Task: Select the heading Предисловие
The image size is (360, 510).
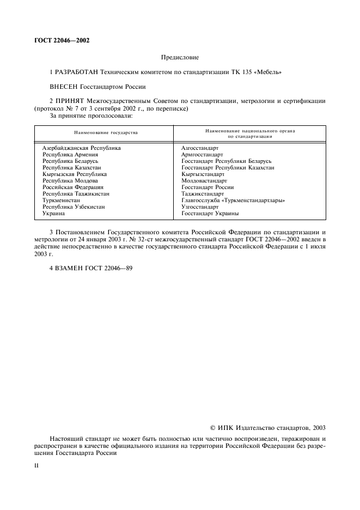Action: click(180, 57)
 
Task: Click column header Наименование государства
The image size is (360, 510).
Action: click(106, 132)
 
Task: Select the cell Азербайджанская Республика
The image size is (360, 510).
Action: click(81, 148)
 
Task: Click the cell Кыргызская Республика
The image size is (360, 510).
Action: click(74, 174)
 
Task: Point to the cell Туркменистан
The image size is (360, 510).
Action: click(62, 201)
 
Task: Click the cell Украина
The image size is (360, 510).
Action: click(54, 214)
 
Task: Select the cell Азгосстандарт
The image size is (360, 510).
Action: click(200, 148)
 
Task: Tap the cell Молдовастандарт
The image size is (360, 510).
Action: click(204, 181)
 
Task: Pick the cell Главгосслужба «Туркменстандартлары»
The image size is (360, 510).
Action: click(233, 201)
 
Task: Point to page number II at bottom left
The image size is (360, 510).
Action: click(36, 466)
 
